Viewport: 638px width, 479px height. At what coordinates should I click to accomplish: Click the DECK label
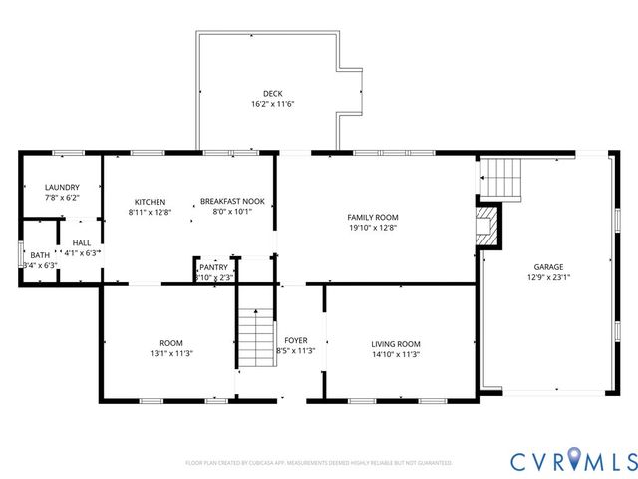click(272, 93)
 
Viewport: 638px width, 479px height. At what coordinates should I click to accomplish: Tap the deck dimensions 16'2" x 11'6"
click(272, 104)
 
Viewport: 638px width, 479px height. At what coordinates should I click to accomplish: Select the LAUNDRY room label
click(61, 188)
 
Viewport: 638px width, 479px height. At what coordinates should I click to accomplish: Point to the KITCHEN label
click(150, 202)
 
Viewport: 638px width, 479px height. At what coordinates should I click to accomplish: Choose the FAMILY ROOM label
click(372, 217)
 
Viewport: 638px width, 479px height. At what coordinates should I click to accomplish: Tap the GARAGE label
click(548, 267)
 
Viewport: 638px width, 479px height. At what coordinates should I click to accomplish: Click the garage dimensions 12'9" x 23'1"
click(548, 278)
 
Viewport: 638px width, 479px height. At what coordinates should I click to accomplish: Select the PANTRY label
click(213, 267)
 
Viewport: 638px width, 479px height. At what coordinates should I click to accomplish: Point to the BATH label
click(39, 255)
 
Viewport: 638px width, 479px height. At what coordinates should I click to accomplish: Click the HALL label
click(81, 242)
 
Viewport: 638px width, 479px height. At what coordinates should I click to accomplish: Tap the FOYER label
click(295, 340)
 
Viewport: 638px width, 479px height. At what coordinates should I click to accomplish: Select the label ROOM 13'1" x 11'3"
click(171, 348)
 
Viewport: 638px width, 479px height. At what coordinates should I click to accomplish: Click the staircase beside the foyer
click(255, 338)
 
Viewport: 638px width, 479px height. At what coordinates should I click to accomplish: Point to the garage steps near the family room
click(502, 178)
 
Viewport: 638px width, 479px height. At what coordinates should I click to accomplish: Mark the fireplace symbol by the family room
click(487, 226)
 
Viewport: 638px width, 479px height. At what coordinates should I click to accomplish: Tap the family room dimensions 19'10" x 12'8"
click(372, 228)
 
